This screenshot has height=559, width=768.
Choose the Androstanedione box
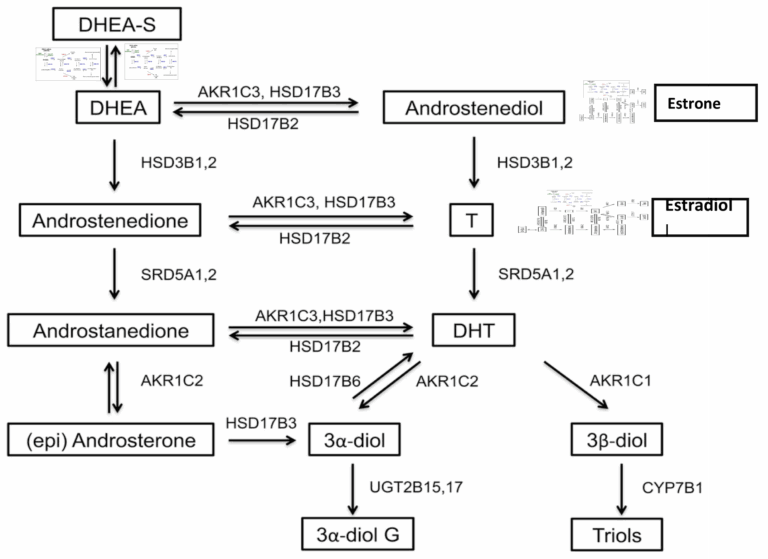point(111,328)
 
